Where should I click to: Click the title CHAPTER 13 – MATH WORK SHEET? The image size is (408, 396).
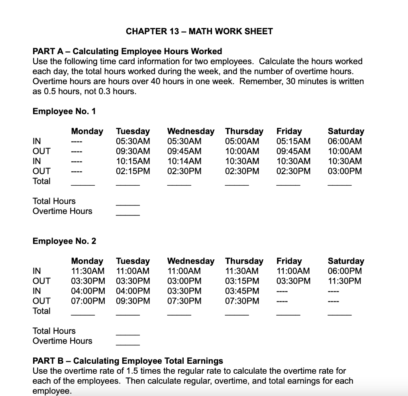click(x=199, y=31)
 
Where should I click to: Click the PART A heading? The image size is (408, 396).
click(x=127, y=51)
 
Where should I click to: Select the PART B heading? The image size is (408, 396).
click(x=127, y=361)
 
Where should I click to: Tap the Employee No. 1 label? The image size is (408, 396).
click(x=64, y=112)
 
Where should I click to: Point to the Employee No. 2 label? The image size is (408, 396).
click(x=64, y=241)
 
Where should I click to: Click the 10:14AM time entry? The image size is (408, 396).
click(x=184, y=161)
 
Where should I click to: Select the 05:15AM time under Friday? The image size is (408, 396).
click(x=294, y=141)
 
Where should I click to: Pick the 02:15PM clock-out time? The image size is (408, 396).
click(x=133, y=171)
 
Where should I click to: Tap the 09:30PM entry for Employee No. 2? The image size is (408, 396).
click(x=133, y=301)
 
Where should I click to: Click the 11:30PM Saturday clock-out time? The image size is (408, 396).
click(x=345, y=281)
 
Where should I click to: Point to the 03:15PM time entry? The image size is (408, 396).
click(x=242, y=281)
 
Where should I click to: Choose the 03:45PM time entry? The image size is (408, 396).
click(x=242, y=291)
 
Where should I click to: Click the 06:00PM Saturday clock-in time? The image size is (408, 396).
click(x=345, y=271)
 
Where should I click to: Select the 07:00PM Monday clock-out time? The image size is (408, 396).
click(x=88, y=301)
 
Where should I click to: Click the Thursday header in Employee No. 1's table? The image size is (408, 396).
click(x=244, y=131)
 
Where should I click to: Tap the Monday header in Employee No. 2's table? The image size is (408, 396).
click(x=87, y=261)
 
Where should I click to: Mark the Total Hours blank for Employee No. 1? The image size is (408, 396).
click(x=127, y=204)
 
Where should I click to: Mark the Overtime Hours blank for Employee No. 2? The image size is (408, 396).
click(x=127, y=344)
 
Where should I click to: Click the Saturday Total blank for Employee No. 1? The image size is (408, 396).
click(x=339, y=184)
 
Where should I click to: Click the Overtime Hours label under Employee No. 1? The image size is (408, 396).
click(x=63, y=211)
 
